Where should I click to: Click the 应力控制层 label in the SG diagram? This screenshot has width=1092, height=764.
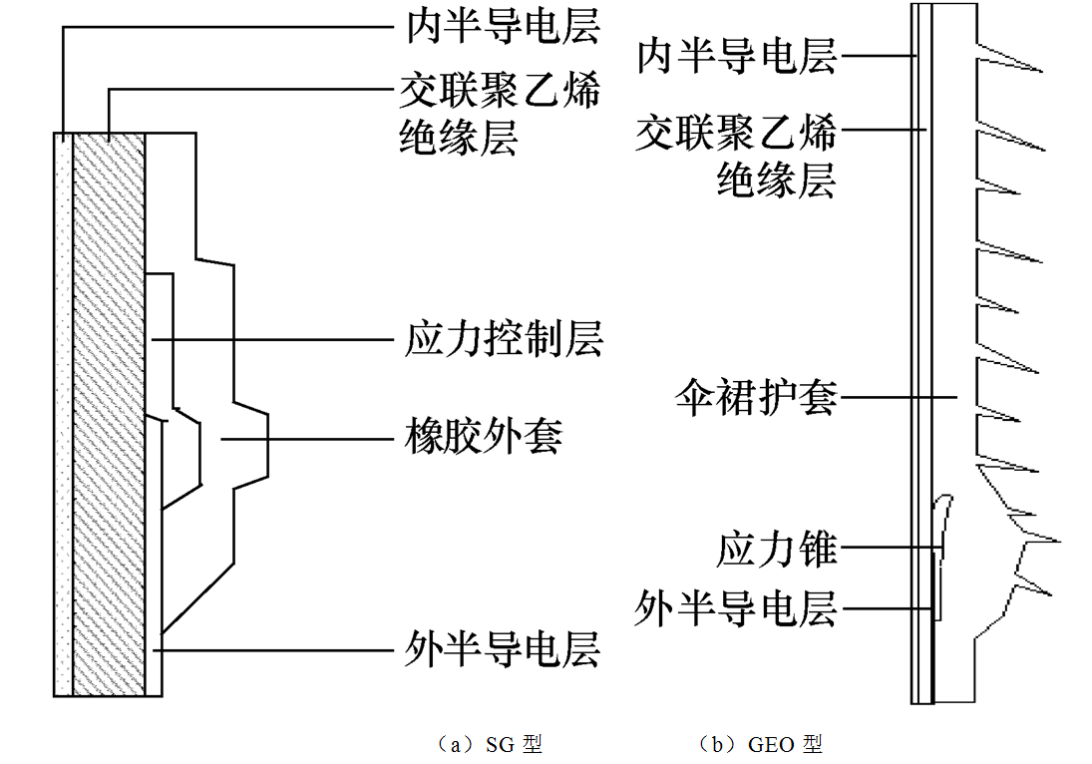pos(504,339)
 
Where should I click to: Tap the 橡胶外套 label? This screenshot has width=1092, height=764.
pos(484,437)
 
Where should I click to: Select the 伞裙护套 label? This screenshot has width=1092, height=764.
pos(755,399)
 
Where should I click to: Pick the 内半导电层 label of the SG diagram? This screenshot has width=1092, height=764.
pos(504,28)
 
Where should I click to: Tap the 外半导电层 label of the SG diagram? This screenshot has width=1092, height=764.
pos(504,650)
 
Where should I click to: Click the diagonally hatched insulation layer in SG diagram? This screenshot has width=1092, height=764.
pos(109,419)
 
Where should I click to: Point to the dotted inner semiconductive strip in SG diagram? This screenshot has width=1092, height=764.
pos(63,419)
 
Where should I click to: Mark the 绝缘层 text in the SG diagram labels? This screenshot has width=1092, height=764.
pos(459,138)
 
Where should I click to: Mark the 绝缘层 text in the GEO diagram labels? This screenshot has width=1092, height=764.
pos(776,181)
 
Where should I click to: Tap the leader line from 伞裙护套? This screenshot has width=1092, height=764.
pos(898,399)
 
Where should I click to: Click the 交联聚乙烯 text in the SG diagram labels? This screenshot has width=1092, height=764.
pos(500,92)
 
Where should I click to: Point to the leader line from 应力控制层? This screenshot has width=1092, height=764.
pos(269,339)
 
